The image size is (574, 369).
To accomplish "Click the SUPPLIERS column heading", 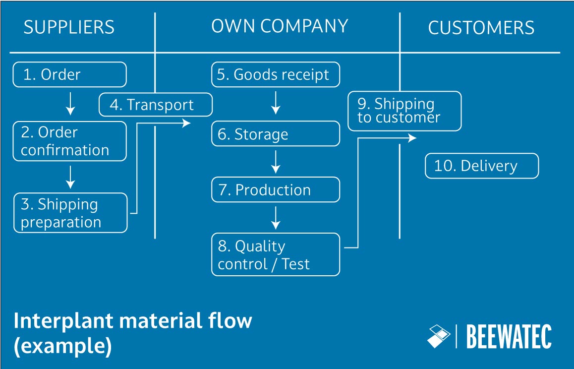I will click(69, 27).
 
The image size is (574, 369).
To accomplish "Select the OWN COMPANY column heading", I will click(280, 26).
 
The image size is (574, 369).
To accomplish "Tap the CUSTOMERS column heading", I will click(481, 28).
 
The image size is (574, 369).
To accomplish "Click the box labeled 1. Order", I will click(69, 74).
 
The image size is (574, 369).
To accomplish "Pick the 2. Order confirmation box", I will click(69, 141).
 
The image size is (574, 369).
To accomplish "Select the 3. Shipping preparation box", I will click(70, 213).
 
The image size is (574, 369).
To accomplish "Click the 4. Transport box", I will click(155, 105).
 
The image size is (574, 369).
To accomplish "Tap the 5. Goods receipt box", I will click(276, 74).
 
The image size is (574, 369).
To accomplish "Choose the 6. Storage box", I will click(276, 134).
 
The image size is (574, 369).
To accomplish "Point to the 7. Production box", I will click(276, 190).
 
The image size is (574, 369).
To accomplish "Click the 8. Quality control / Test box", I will click(276, 254).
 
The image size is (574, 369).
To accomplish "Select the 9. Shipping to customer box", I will click(404, 111).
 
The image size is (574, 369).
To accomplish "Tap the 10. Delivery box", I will click(481, 166).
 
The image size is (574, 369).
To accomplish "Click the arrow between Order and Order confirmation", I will click(70, 103).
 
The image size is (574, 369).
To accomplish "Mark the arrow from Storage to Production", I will click(276, 162).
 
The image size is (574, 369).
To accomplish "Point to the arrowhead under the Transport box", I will click(187, 123).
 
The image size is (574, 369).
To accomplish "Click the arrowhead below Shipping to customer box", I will click(412, 138).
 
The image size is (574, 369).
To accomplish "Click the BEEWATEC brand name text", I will click(509, 337).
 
